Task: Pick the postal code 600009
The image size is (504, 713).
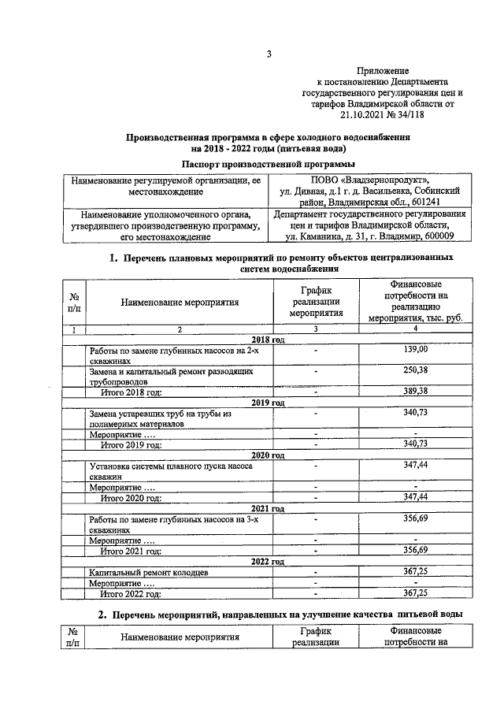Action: coord(437,236)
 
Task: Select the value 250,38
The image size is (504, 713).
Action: coord(415,370)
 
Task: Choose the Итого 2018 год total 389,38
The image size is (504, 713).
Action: coord(415,391)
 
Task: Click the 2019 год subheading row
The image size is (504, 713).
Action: coord(268,402)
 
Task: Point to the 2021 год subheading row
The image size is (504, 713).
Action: coord(268,508)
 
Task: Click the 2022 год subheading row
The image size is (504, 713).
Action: coord(268,562)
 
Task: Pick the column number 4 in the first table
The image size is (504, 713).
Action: coord(415,329)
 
